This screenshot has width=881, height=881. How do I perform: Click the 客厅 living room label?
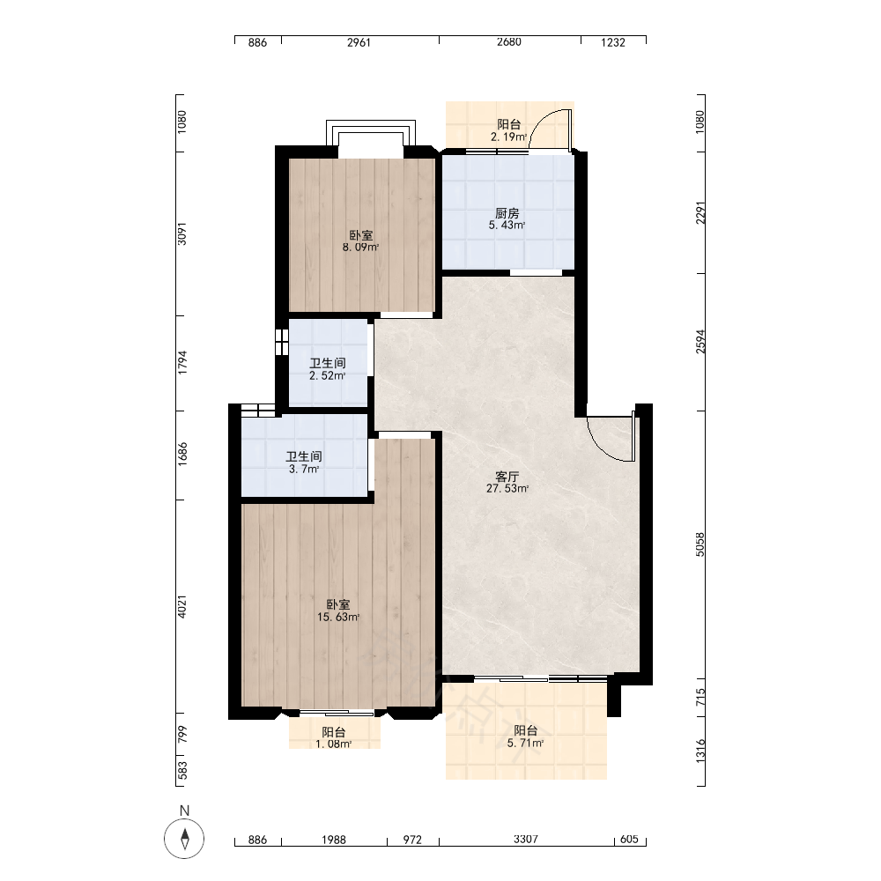point(507,477)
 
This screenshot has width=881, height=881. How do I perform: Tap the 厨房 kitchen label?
point(507,213)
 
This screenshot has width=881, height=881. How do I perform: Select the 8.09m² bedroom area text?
point(360,248)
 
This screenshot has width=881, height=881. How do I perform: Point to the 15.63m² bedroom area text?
point(338,618)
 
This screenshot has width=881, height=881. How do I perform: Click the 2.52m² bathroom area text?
point(327,376)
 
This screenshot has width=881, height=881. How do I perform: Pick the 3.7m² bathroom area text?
point(304,470)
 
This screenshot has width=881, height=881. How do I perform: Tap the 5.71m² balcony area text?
point(525,744)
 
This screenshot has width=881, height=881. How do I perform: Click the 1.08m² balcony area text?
point(333,744)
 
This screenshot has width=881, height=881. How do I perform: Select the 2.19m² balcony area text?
point(508,137)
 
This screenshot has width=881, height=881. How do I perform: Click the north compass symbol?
point(184,839)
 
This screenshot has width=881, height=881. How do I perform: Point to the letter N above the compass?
point(184,811)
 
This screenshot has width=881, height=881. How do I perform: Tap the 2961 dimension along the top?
point(359,42)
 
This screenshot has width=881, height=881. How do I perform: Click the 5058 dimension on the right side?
point(700,544)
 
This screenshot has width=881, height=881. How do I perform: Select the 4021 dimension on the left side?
point(181,607)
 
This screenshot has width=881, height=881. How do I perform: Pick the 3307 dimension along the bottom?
point(526,840)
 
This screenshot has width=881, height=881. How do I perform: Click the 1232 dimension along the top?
point(613,42)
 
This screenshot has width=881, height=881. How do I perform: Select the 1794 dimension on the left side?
point(181,363)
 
